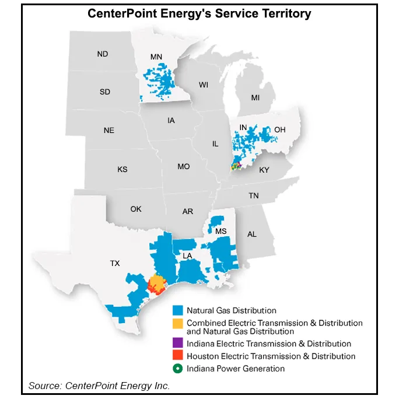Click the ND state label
coord(103,54)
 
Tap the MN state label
coord(156,57)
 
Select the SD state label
coord(105,92)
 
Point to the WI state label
coord(203,85)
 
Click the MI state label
coord(255,97)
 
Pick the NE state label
coord(109,130)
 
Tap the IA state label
coord(171,121)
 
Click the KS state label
coord(122,170)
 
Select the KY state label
coord(264,170)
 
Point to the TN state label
coord(253,196)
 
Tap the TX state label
coord(115,263)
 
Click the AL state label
coord(251,234)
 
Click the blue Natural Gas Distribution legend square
coord(178,310)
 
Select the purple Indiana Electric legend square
coord(178,344)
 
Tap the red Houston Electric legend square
coord(178,356)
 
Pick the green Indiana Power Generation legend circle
coord(178,368)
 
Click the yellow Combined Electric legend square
coord(178,323)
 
